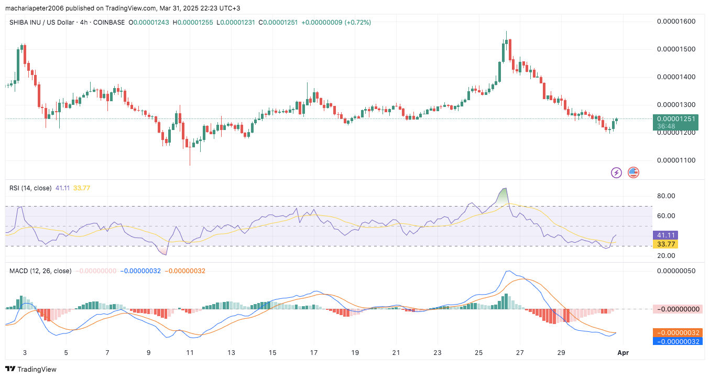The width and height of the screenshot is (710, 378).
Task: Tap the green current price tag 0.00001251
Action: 676,118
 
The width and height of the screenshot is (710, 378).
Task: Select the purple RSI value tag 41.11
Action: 665,235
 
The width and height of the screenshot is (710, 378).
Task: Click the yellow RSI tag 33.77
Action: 665,244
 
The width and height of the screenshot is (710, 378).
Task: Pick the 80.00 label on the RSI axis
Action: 665,196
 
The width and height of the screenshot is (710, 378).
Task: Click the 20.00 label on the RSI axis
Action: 665,256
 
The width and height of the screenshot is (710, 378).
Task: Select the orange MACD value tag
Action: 677,332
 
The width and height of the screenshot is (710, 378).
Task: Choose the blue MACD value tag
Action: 677,341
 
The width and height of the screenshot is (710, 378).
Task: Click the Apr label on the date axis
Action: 623,353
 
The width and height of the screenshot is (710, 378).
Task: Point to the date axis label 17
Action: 313,353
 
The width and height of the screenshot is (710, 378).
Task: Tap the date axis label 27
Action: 519,353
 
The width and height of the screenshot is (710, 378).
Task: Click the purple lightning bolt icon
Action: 617,172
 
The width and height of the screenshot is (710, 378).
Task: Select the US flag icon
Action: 633,172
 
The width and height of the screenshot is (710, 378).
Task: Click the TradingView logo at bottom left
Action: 31,369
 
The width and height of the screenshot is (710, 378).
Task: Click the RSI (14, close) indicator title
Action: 31,188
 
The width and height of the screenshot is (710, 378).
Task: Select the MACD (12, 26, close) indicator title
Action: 40,271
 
